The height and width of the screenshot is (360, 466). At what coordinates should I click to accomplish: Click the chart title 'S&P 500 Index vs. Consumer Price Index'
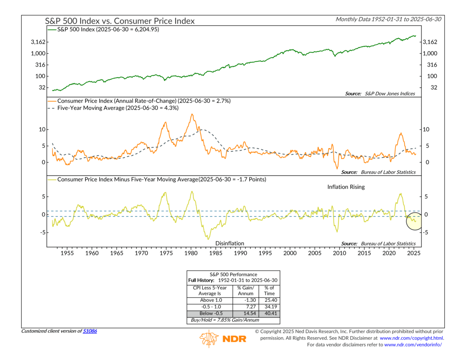(x=120, y=21)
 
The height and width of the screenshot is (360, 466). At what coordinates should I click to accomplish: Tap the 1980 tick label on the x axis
(x=191, y=254)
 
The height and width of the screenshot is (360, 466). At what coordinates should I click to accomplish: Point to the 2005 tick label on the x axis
(x=315, y=254)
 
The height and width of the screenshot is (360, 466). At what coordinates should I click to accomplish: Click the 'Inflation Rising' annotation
(x=346, y=187)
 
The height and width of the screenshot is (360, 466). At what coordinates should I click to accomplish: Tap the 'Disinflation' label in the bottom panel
(x=229, y=243)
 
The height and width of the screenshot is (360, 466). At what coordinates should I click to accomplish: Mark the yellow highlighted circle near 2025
(x=414, y=221)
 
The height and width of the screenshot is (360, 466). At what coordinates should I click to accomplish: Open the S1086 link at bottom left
(x=90, y=331)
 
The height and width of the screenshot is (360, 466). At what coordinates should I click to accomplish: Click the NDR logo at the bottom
(x=223, y=339)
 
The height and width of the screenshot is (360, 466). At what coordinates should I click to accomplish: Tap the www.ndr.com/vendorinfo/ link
(x=413, y=345)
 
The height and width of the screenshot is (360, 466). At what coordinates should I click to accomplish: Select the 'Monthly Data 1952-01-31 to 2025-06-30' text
(x=388, y=19)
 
